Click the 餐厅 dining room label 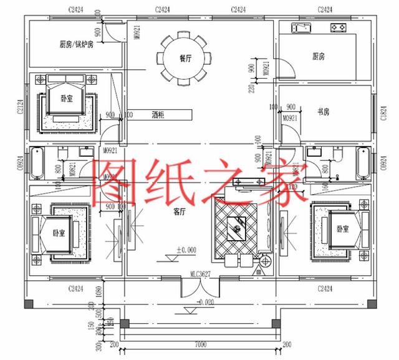185,59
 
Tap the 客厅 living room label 180,212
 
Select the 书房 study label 323,112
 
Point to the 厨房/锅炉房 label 76,44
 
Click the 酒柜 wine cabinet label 158,115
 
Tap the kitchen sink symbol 302,28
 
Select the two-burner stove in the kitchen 339,28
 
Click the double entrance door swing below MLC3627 200,286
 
